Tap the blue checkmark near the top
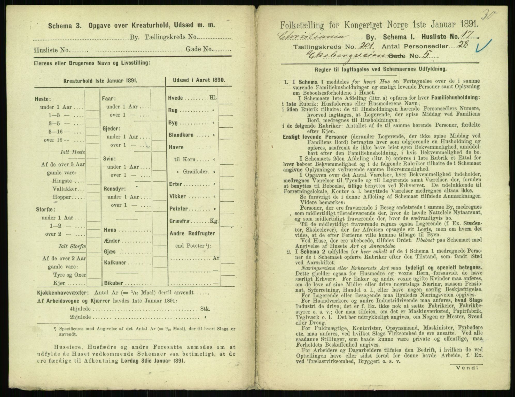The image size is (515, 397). click(x=485, y=45)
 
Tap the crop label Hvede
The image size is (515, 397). click(x=176, y=98)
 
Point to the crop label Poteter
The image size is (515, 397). click(x=178, y=209)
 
